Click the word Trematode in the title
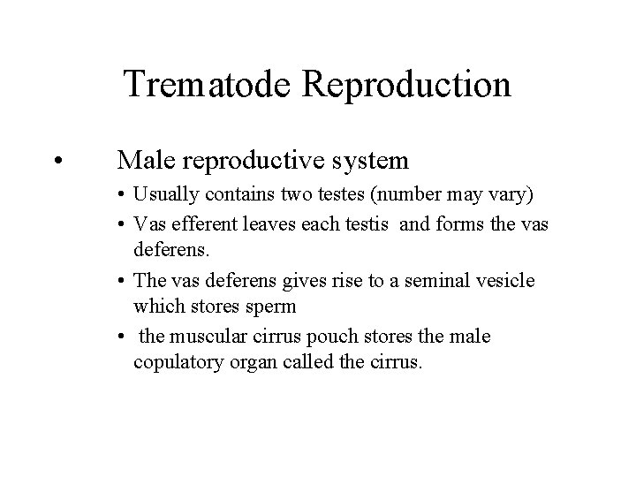point(208,84)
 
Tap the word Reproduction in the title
point(407,84)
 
